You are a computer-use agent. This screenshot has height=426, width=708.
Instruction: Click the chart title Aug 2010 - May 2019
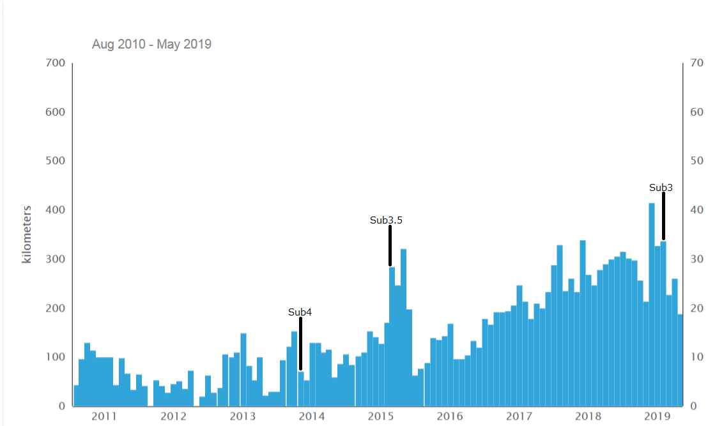151,44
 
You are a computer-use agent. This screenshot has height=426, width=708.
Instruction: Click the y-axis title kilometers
27,234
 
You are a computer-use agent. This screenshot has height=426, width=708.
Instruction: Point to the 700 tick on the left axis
55,63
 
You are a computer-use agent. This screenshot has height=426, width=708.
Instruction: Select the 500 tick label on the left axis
55,161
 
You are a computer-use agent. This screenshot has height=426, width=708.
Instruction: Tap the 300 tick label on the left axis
55,259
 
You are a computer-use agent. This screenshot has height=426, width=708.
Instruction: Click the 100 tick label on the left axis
55,357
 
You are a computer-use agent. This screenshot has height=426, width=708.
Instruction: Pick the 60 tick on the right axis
696,112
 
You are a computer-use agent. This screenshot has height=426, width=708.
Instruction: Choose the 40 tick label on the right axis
696,210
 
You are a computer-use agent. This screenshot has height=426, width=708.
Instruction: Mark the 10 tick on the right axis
696,357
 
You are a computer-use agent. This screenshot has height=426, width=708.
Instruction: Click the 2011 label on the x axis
104,416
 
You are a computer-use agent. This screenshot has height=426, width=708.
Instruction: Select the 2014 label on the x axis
312,416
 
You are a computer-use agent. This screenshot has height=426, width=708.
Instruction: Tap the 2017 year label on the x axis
519,416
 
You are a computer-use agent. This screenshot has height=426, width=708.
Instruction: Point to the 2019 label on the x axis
657,416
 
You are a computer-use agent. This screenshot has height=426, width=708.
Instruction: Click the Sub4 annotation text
300,312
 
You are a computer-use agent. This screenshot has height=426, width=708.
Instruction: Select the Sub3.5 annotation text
386,220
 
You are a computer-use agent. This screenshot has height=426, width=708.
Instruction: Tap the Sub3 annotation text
661,187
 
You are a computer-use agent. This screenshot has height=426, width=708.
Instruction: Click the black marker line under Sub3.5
390,245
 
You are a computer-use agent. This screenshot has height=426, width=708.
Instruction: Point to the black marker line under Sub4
301,344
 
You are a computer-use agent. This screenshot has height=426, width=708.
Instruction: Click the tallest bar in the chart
652,305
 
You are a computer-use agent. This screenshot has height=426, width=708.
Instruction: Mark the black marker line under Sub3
663,216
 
